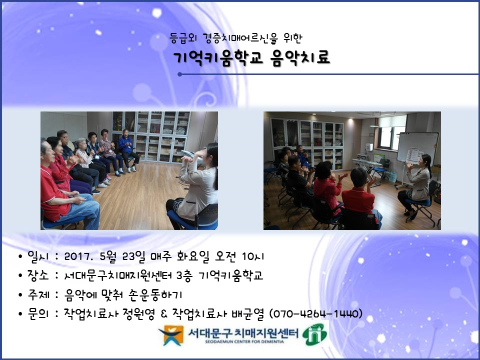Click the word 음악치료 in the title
pyautogui.click(x=300, y=57)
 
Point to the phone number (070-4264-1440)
pyautogui.click(x=315, y=313)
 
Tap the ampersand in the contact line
pyautogui.click(x=164, y=314)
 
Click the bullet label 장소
pyautogui.click(x=38, y=275)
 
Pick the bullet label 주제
pyautogui.click(x=38, y=294)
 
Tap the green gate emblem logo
pyautogui.click(x=314, y=334)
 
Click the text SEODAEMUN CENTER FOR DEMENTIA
pyautogui.click(x=244, y=342)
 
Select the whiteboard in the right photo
pyautogui.click(x=417, y=147)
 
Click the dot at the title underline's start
pyautogui.click(x=179, y=74)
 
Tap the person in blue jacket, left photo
pyautogui.click(x=127, y=150)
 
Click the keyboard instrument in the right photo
pyautogui.click(x=367, y=162)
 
